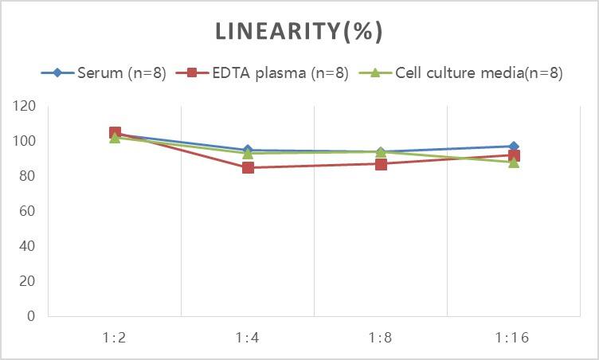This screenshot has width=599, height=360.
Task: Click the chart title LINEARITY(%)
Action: (299, 31)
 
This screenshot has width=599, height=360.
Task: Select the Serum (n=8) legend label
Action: (122, 73)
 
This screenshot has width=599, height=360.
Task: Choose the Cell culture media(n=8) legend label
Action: (479, 73)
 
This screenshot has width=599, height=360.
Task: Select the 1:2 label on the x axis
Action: (115, 338)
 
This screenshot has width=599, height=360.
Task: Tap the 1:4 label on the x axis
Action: (248, 338)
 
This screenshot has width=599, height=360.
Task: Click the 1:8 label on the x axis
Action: (381, 338)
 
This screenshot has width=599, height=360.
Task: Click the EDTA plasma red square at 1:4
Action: (248, 167)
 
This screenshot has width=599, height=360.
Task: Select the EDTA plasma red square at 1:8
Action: (381, 164)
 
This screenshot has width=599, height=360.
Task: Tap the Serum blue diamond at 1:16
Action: (514, 147)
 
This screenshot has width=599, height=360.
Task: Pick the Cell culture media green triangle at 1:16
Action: (514, 162)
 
